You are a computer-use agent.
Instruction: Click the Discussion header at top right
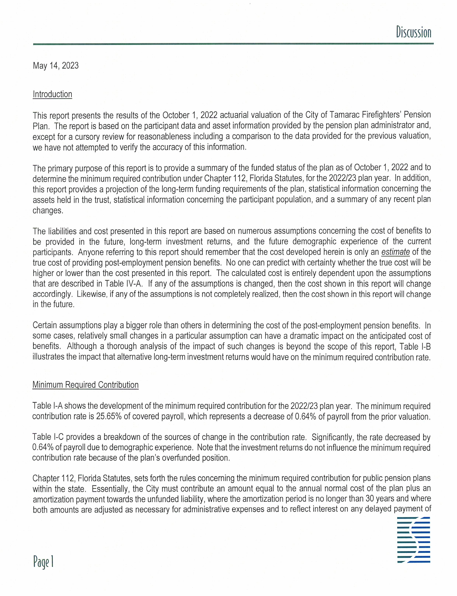pos(413,32)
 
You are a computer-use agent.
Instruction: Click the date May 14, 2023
pos(55,66)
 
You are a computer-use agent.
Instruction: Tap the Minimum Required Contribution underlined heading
pos(85,385)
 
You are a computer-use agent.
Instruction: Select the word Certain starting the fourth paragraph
pos(45,326)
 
